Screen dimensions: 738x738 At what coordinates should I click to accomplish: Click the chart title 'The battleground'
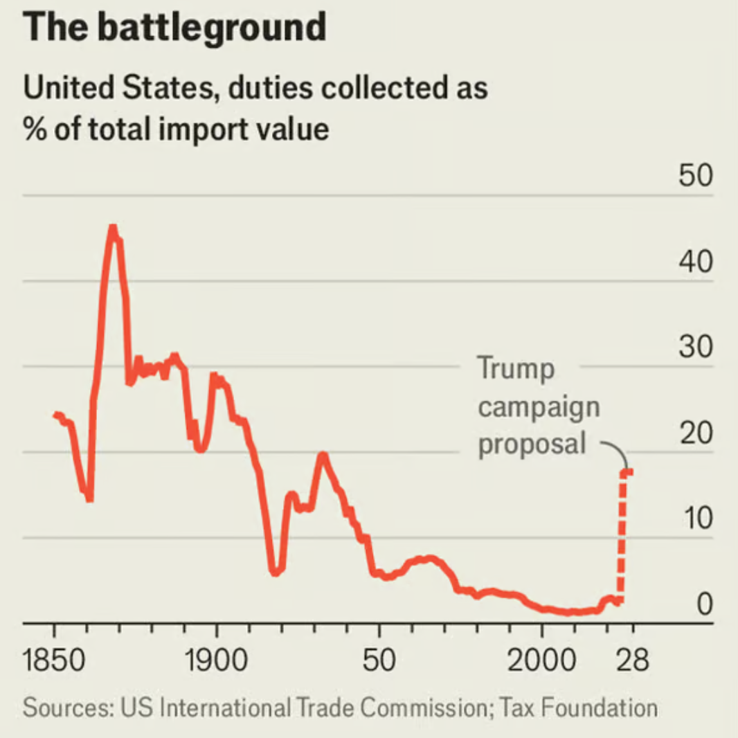(x=174, y=28)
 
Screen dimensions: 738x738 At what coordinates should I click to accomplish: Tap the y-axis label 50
(x=694, y=177)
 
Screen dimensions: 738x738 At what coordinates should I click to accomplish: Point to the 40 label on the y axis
(x=694, y=263)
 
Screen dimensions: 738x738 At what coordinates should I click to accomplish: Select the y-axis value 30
(x=694, y=348)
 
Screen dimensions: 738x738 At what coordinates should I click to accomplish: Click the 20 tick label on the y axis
(x=694, y=434)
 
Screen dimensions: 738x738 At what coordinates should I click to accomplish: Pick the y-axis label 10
(x=694, y=519)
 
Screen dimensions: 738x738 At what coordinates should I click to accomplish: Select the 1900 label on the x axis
(x=217, y=662)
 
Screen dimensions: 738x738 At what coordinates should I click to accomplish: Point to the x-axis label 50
(x=379, y=662)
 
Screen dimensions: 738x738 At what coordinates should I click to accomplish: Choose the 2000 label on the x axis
(x=541, y=662)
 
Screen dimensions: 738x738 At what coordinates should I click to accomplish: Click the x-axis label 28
(x=632, y=662)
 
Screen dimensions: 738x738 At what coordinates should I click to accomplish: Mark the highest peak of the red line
(x=112, y=228)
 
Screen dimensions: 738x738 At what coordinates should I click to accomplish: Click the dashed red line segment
(x=622, y=533)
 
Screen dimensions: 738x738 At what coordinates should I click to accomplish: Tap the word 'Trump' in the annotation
(x=516, y=368)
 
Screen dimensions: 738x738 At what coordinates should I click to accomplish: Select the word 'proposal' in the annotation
(x=532, y=444)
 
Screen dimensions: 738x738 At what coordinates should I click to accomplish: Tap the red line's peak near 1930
(x=323, y=455)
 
